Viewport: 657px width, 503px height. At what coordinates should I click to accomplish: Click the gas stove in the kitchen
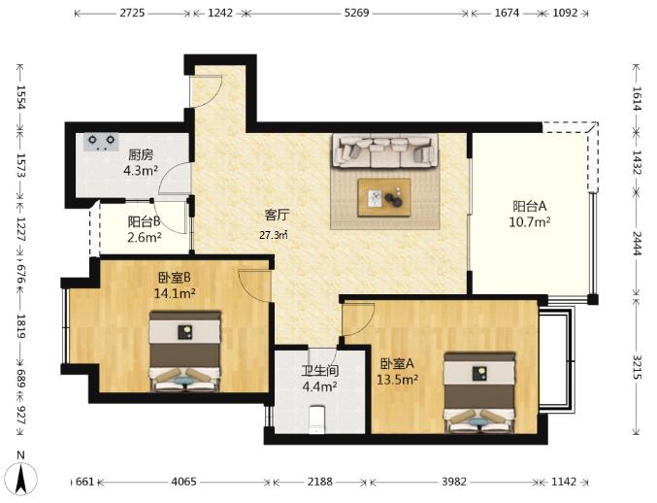(101, 142)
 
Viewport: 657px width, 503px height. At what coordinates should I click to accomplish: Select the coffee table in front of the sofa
(384, 197)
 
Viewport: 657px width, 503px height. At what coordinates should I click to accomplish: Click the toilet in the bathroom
(316, 419)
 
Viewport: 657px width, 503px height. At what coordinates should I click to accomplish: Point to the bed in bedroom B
(185, 352)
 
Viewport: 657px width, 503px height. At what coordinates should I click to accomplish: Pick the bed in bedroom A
(479, 392)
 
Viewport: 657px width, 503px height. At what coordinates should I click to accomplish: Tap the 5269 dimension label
(356, 13)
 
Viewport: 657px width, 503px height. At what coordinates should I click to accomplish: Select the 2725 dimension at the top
(132, 13)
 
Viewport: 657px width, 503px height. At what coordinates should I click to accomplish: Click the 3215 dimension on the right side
(637, 367)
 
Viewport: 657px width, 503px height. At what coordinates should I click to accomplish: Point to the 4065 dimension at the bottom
(183, 482)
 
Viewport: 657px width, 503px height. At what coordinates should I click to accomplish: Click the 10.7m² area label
(530, 221)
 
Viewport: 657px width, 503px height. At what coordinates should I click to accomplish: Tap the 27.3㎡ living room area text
(274, 235)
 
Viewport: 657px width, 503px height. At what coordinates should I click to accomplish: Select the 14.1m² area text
(175, 293)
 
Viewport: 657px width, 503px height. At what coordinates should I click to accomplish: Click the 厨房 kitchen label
(141, 155)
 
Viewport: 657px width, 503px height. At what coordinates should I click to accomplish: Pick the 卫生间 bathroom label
(320, 371)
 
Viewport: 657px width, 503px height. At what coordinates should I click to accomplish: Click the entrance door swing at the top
(206, 91)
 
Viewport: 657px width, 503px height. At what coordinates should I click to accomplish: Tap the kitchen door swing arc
(175, 179)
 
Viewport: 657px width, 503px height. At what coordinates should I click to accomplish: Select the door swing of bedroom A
(358, 319)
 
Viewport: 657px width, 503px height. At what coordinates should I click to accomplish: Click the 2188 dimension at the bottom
(320, 482)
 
